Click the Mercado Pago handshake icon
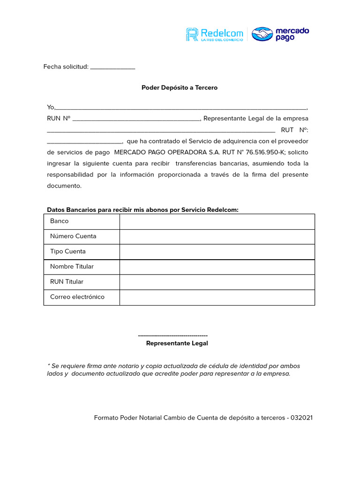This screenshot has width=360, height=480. (262, 34)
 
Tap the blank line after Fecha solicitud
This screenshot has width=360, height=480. (112, 67)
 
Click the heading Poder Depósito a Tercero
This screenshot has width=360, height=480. (180, 88)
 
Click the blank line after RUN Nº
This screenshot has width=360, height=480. (136, 119)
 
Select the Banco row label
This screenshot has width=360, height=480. (60, 221)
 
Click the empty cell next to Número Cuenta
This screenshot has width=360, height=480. (217, 237)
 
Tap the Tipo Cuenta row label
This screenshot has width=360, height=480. (68, 252)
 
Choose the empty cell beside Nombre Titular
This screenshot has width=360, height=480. (217, 267)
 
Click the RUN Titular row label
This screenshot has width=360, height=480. (67, 282)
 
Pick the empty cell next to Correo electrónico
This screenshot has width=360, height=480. (217, 297)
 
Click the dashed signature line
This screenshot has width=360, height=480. (173, 336)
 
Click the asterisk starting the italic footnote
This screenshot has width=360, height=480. (48, 365)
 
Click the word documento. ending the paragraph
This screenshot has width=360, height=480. (64, 186)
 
